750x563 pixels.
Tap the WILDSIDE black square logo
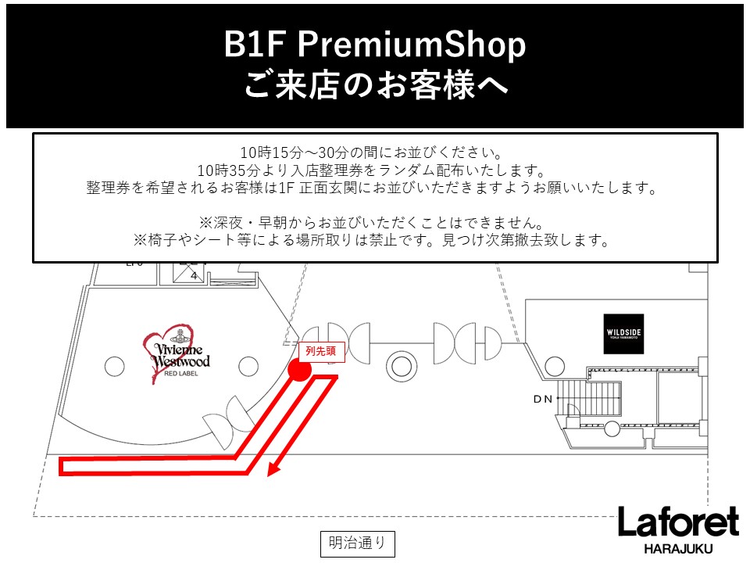[623, 334]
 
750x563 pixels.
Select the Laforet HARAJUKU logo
[678, 529]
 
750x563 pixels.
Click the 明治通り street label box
[357, 543]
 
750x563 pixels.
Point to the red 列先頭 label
[321, 351]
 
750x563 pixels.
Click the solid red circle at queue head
[299, 370]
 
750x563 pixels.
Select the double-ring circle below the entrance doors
[402, 367]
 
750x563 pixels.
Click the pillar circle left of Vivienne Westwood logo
[114, 367]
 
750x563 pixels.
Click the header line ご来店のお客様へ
[376, 84]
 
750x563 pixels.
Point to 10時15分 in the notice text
[271, 152]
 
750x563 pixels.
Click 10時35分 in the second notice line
[228, 170]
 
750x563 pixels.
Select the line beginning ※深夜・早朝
[371, 223]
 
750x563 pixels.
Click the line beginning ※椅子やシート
[371, 240]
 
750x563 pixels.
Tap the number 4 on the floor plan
[194, 276]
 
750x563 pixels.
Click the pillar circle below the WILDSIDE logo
[555, 367]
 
